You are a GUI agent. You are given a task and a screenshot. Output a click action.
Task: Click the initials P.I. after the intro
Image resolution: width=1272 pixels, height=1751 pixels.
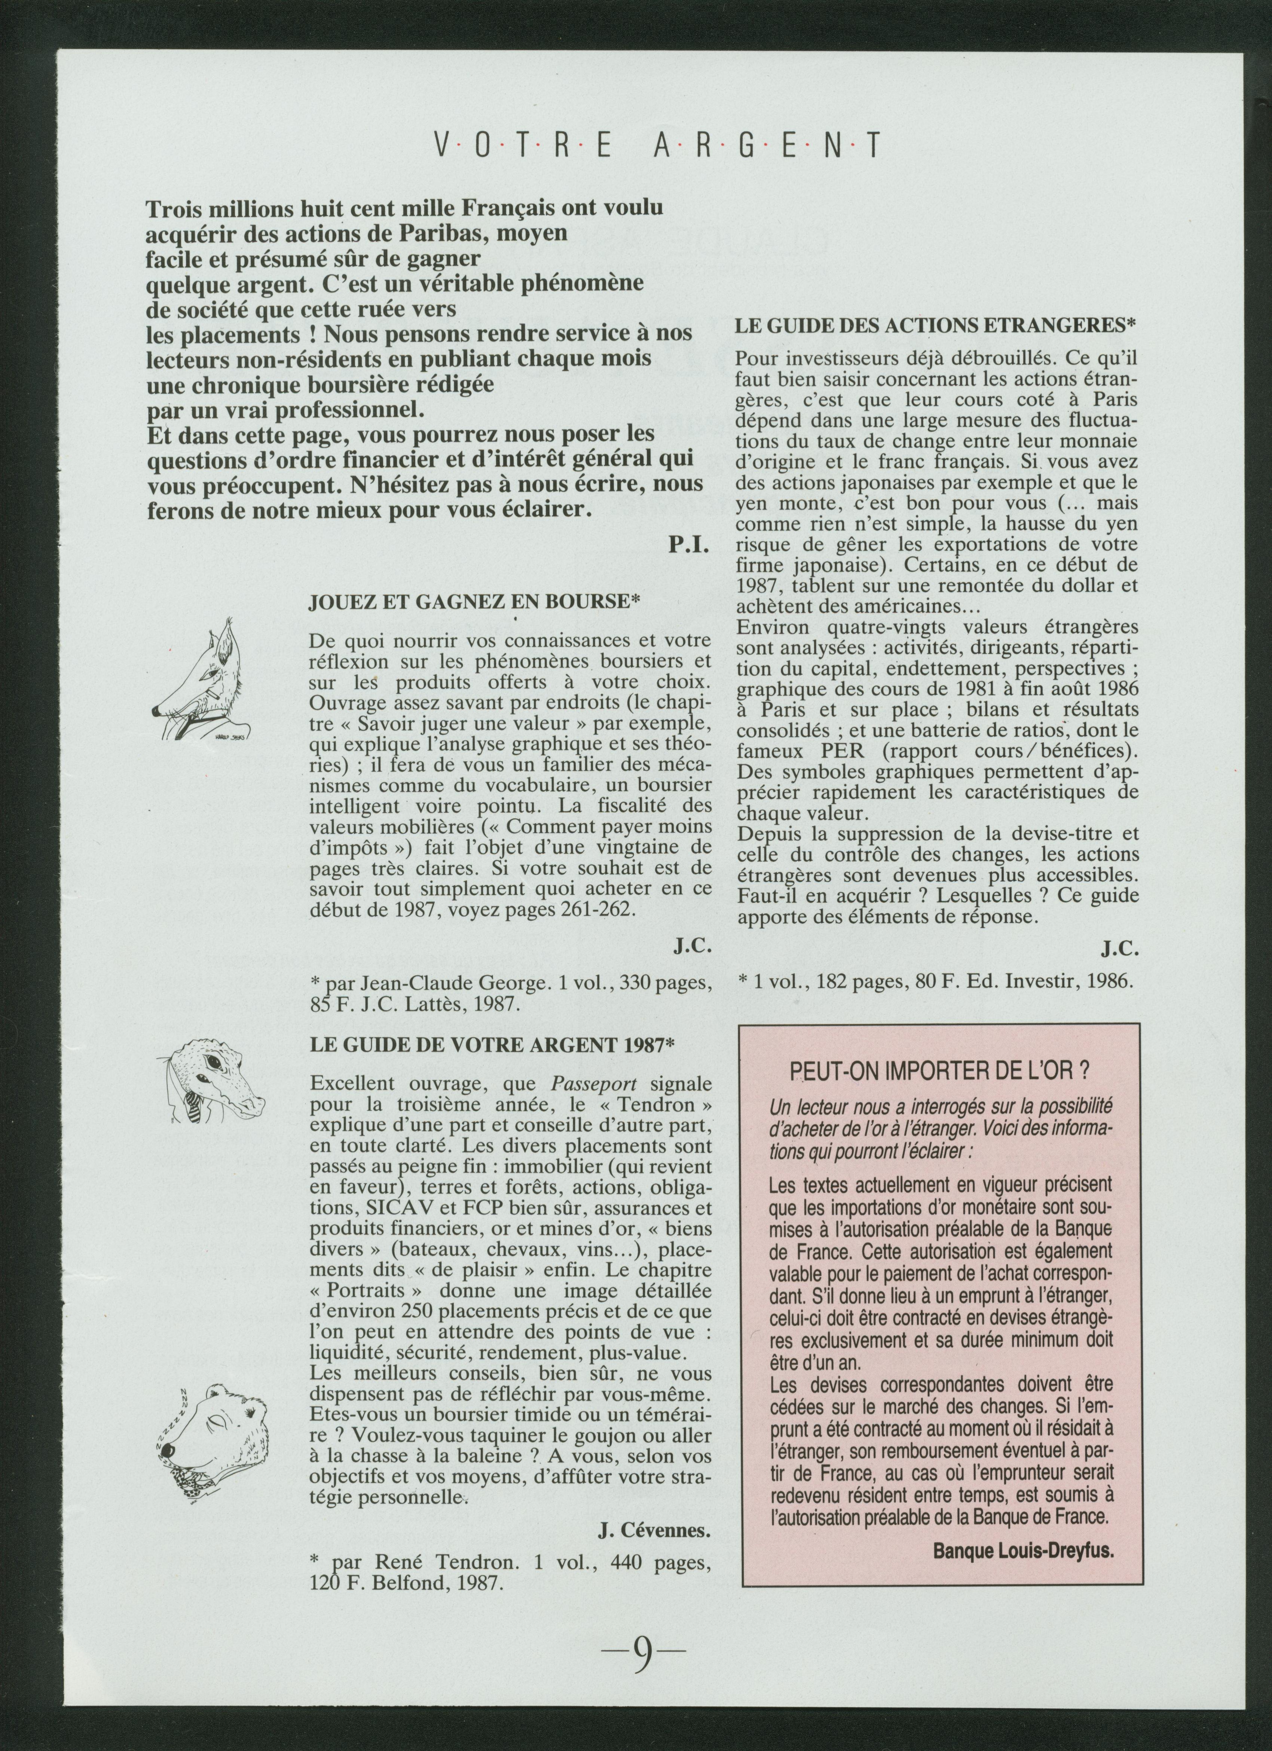click(688, 546)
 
